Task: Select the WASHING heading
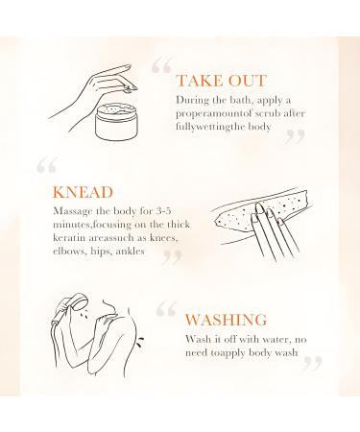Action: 228,319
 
